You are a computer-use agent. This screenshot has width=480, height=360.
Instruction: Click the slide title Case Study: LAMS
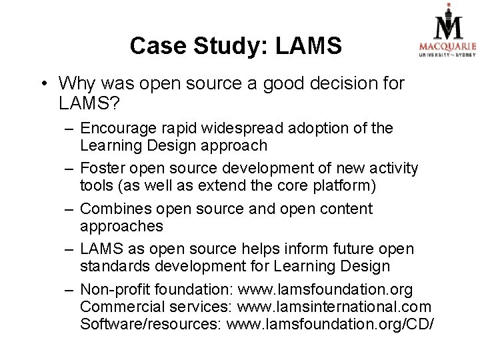coord(236,46)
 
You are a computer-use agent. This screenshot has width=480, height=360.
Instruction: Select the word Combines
coord(114,209)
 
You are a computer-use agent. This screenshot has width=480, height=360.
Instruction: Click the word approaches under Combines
coord(121,225)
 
